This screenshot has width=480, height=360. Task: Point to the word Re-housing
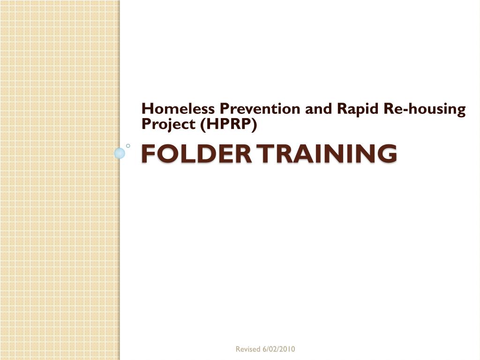coord(425,109)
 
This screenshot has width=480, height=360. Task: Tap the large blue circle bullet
coord(120,153)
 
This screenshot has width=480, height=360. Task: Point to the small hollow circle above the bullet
coord(128,146)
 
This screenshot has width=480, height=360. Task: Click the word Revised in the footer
coord(247,349)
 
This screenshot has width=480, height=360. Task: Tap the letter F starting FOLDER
coord(149,154)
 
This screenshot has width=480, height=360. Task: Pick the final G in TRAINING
coord(387,154)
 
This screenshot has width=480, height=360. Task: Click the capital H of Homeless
coord(148,109)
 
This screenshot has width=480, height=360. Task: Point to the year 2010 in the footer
coord(287,349)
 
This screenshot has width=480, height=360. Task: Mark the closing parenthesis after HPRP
coord(255,124)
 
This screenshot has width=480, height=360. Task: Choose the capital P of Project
coord(146,124)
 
